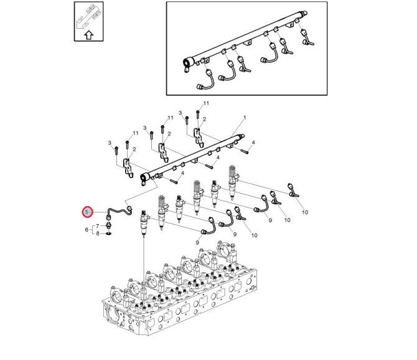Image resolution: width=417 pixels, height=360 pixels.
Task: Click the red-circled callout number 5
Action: coord(87,212)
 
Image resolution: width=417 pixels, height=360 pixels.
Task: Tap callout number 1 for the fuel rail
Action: coord(245,117)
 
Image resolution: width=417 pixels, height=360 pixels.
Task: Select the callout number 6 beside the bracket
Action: coord(87,230)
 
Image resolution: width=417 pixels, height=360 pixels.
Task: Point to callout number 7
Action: coord(97,226)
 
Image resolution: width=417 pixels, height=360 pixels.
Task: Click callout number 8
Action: coord(98,234)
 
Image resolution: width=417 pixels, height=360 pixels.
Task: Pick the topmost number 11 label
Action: coord(206,103)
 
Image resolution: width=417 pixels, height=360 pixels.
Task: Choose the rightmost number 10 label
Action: coord(305,212)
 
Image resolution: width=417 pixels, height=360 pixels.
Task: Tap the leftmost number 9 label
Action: coord(197,242)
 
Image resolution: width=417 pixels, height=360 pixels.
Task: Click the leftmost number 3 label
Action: coord(110,143)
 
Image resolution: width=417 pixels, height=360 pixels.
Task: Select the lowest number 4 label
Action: coord(182,173)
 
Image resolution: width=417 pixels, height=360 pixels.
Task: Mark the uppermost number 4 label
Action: coord(253,143)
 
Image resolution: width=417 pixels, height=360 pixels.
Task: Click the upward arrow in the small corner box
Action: coord(89,35)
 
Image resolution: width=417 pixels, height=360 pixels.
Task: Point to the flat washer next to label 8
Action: coord(108,234)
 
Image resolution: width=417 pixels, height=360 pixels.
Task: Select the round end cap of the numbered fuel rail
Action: coord(145,178)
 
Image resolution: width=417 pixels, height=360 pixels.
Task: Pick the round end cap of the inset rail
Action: coord(188,64)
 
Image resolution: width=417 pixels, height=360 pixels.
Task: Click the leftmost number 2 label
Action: coord(134,149)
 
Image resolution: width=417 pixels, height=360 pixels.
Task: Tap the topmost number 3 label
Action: coord(180,113)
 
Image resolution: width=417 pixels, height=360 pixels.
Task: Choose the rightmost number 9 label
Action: coord(270,220)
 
